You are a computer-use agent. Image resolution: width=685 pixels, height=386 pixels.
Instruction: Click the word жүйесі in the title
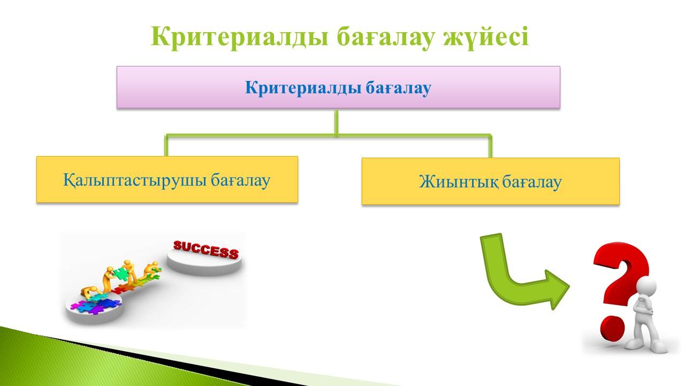(x=486, y=38)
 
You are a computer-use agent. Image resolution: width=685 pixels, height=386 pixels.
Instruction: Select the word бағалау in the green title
(x=385, y=37)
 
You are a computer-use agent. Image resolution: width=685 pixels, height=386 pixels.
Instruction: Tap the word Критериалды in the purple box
(x=303, y=88)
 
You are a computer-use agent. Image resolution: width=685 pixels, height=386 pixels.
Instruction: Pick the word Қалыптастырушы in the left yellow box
(x=134, y=180)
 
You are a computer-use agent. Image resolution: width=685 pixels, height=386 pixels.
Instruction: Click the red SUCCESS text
(x=206, y=250)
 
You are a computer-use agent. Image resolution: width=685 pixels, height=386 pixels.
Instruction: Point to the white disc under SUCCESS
(x=204, y=264)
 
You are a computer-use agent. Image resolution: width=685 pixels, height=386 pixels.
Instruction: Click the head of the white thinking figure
(x=646, y=287)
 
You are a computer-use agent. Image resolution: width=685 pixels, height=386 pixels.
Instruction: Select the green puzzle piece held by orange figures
(x=120, y=273)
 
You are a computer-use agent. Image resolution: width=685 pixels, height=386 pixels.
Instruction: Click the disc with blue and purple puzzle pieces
(x=95, y=310)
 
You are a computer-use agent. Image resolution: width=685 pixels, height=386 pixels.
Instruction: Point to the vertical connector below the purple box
(x=337, y=123)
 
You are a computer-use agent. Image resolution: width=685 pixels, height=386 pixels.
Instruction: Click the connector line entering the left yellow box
(x=166, y=145)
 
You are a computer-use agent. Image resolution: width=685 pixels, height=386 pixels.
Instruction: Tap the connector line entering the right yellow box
(x=491, y=146)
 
